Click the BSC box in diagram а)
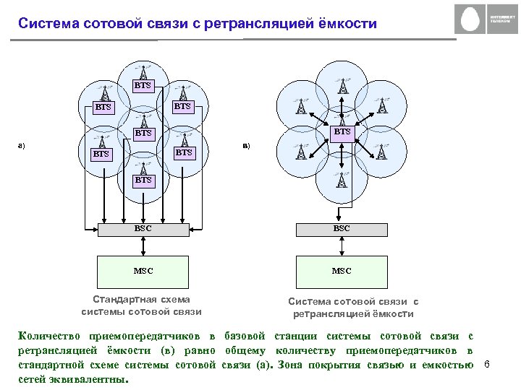(143, 229)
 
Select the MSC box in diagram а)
(143, 272)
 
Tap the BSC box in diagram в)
(342, 229)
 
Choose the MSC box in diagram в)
(342, 272)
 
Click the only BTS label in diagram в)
(342, 132)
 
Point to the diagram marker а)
(22, 147)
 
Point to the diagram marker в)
(247, 147)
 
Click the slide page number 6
(487, 364)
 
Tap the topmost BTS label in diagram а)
(143, 85)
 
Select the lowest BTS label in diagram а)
(143, 180)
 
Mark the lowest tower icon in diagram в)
(341, 179)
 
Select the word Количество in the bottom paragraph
(50, 337)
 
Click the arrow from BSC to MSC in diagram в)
(342, 246)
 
